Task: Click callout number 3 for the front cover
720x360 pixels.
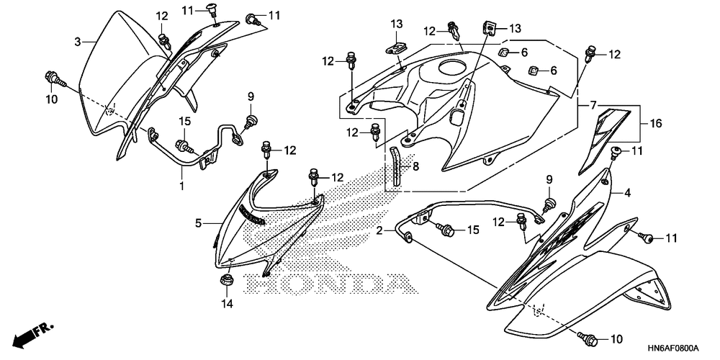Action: click(78, 42)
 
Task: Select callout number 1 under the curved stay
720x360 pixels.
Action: click(182, 186)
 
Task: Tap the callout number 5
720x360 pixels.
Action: click(198, 223)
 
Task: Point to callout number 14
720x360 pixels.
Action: click(227, 305)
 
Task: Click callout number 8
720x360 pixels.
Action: click(415, 166)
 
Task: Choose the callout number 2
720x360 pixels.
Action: click(379, 230)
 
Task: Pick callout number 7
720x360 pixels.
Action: click(593, 106)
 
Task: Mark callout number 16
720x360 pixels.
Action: click(654, 123)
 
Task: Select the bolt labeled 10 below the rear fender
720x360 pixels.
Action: click(586, 337)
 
